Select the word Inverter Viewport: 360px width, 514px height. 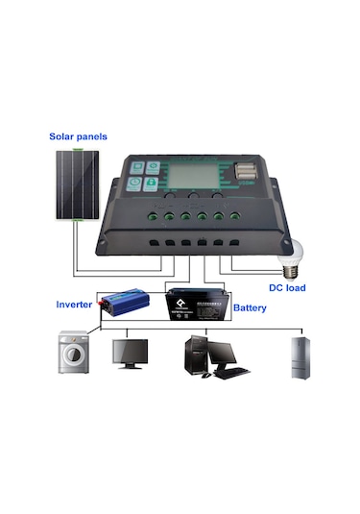click(x=74, y=305)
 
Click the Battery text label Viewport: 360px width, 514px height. click(x=249, y=308)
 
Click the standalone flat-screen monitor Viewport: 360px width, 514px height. click(x=131, y=353)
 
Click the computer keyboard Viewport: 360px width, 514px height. click(x=230, y=373)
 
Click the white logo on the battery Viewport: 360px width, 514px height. click(x=180, y=299)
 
